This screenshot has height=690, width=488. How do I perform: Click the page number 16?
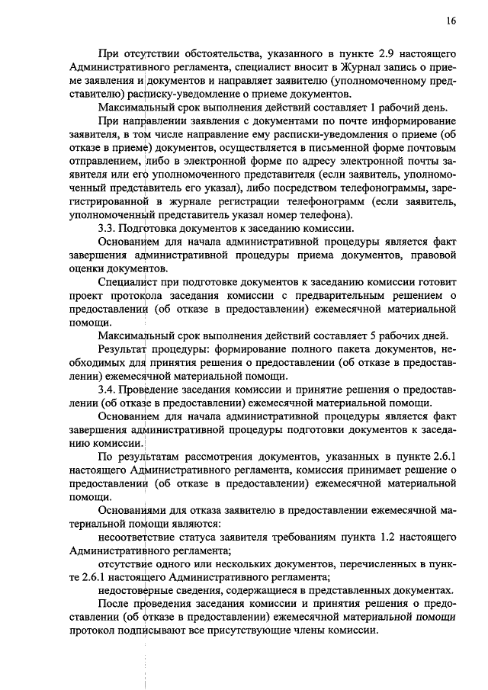pyautogui.click(x=451, y=21)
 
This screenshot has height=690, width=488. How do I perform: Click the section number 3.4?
pyautogui.click(x=108, y=389)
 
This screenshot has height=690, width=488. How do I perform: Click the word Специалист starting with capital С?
pyautogui.click(x=129, y=283)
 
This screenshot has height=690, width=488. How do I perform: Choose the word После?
pyautogui.click(x=113, y=604)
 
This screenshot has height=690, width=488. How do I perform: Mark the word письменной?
pyautogui.click(x=317, y=148)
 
